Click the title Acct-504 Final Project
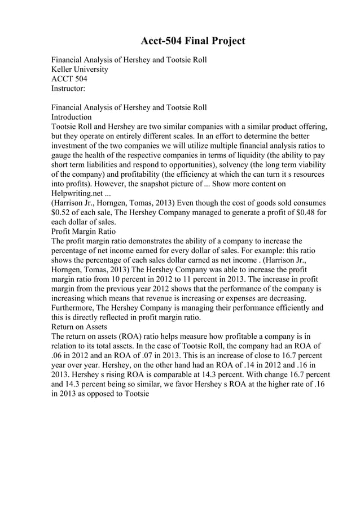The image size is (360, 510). [x=192, y=41]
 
